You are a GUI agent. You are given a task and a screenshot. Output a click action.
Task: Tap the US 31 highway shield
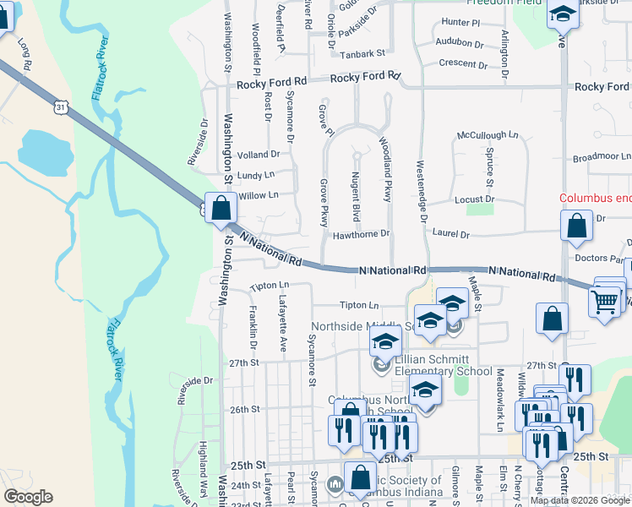pyautogui.click(x=58, y=106)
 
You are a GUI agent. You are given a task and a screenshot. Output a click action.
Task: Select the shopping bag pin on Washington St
pyautogui.click(x=221, y=208)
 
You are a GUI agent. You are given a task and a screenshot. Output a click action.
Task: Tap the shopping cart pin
pyautogui.click(x=605, y=301)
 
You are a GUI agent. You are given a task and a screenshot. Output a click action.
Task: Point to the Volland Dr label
pyautogui.click(x=259, y=155)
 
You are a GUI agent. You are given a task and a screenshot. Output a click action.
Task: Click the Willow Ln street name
pyautogui.click(x=259, y=195)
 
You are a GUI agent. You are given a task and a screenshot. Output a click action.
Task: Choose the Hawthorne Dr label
pyautogui.click(x=360, y=234)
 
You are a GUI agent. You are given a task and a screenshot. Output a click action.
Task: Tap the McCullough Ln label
pyautogui.click(x=488, y=134)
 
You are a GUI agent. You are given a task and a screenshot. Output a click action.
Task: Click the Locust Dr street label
pyautogui.click(x=476, y=199)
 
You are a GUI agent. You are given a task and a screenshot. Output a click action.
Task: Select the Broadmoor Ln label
pyautogui.click(x=602, y=157)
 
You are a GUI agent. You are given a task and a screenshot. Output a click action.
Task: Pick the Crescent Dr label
pyautogui.click(x=463, y=63)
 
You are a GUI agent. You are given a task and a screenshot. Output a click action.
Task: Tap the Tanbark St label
pyautogui.click(x=362, y=53)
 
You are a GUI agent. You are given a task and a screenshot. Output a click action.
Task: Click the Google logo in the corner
pyautogui.click(x=29, y=497)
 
